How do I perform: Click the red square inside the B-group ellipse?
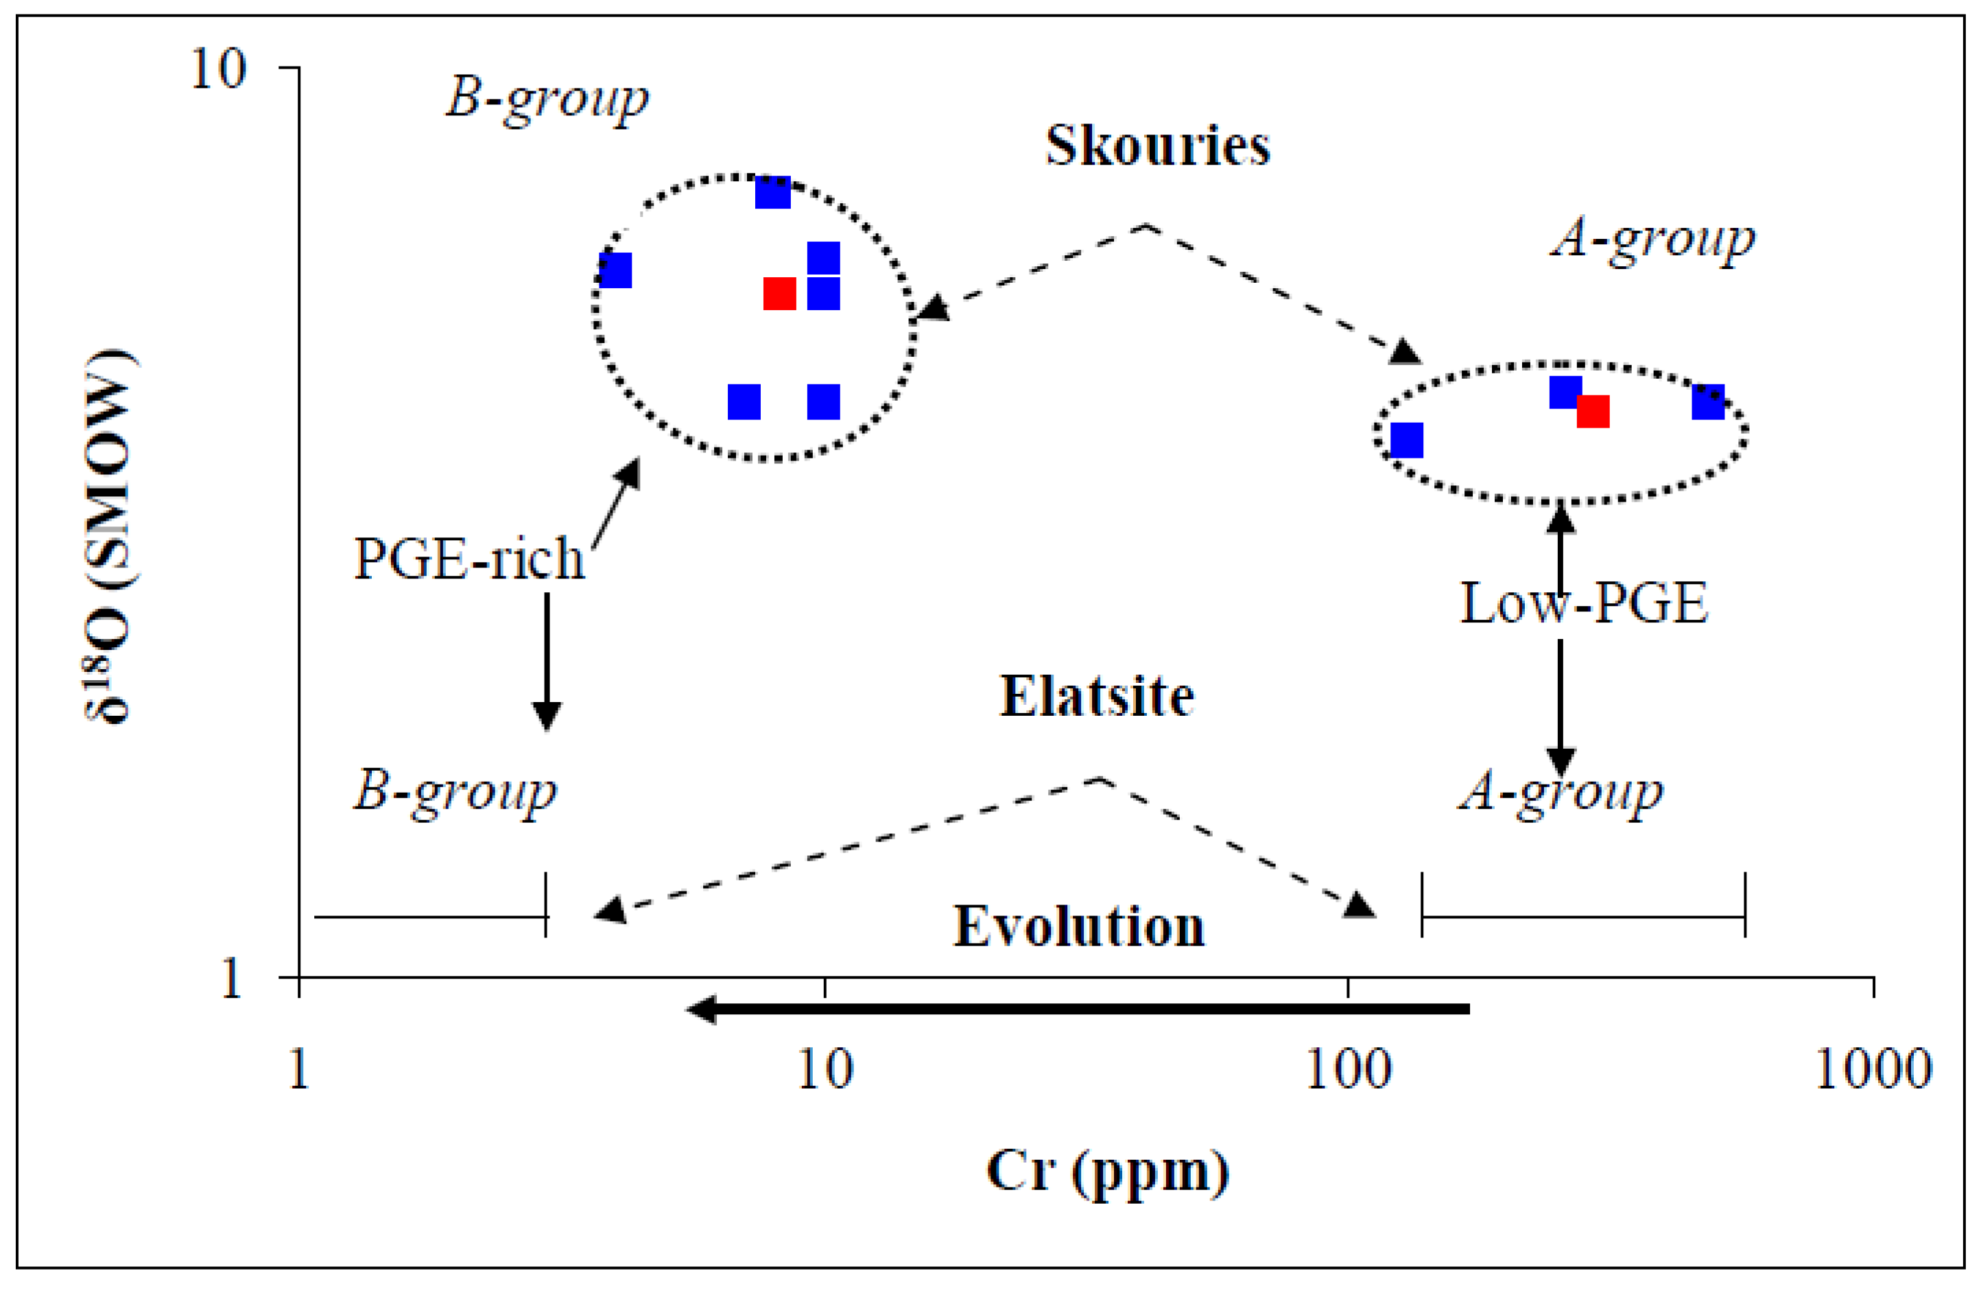click(779, 293)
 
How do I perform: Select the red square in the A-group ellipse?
click(1592, 411)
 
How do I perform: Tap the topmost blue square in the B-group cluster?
click(772, 192)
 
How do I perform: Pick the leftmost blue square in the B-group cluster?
click(616, 270)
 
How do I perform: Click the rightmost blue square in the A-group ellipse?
click(1708, 402)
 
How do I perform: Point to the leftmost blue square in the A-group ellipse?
click(1407, 440)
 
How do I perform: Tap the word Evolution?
click(1079, 926)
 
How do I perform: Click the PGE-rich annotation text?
click(469, 559)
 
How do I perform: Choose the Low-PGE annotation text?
click(1584, 604)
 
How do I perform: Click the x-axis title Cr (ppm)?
click(1107, 1172)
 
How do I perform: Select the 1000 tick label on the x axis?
click(1873, 1069)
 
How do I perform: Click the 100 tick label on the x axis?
click(1349, 1069)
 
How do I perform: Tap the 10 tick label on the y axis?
click(218, 69)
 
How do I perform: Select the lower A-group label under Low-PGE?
click(1561, 791)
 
